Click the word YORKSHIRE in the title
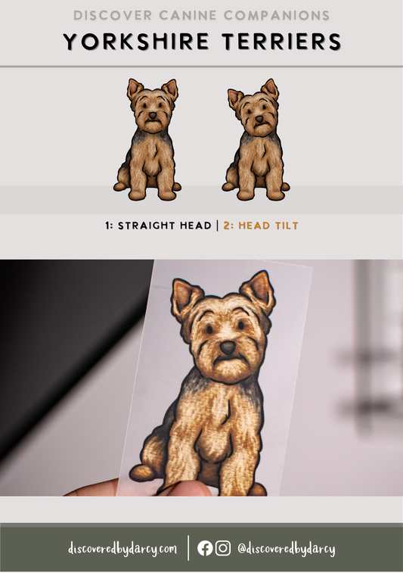[x=136, y=42]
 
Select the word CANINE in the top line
[x=188, y=15]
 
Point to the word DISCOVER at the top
[x=113, y=15]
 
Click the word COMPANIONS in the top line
[x=277, y=15]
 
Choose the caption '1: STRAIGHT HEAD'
[x=158, y=226]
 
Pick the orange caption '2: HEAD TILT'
[x=261, y=226]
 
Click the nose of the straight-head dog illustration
[x=152, y=116]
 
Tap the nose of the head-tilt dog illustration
[x=259, y=119]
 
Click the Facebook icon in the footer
[x=205, y=548]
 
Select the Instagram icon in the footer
[x=223, y=548]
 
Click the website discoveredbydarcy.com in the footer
[x=122, y=549]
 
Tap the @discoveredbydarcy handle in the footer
[x=287, y=549]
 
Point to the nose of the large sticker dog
[x=228, y=347]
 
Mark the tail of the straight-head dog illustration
[x=119, y=186]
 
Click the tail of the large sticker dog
[x=141, y=472]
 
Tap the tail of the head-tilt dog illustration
[x=228, y=186]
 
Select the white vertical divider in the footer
[x=188, y=548]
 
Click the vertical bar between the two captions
[x=218, y=226]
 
